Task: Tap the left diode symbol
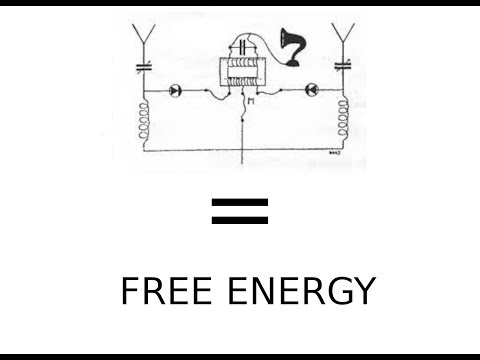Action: point(179,89)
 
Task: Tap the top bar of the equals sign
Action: point(240,202)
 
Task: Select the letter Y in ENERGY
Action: point(364,291)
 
